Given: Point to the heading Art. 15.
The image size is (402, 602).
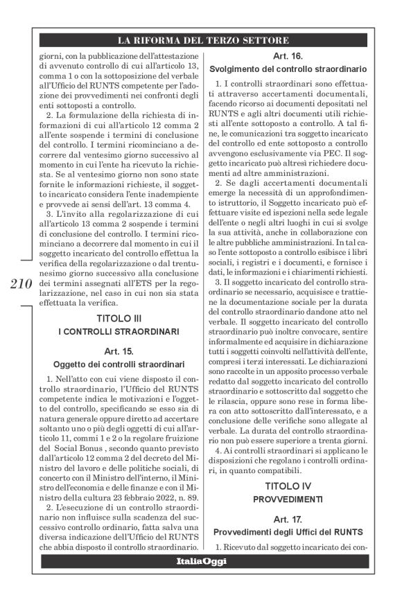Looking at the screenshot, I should tap(117, 352).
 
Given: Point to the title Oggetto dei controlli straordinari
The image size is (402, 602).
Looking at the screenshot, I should tap(117, 364).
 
